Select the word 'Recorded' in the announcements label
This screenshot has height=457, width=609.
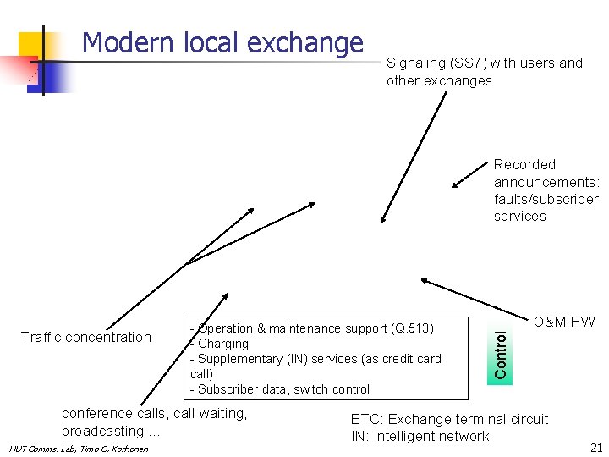[524, 164]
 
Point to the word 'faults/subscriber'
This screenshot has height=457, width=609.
[546, 199]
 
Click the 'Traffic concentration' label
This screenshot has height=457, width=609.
[85, 337]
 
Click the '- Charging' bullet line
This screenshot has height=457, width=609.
[220, 344]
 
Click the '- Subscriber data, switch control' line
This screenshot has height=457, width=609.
[280, 389]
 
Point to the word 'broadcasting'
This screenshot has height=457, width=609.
[102, 431]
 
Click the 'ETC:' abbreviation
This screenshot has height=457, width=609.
[366, 419]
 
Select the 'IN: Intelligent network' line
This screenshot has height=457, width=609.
[420, 436]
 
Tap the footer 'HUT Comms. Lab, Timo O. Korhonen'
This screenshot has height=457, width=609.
[78, 448]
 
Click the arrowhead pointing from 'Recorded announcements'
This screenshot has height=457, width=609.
[455, 184]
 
